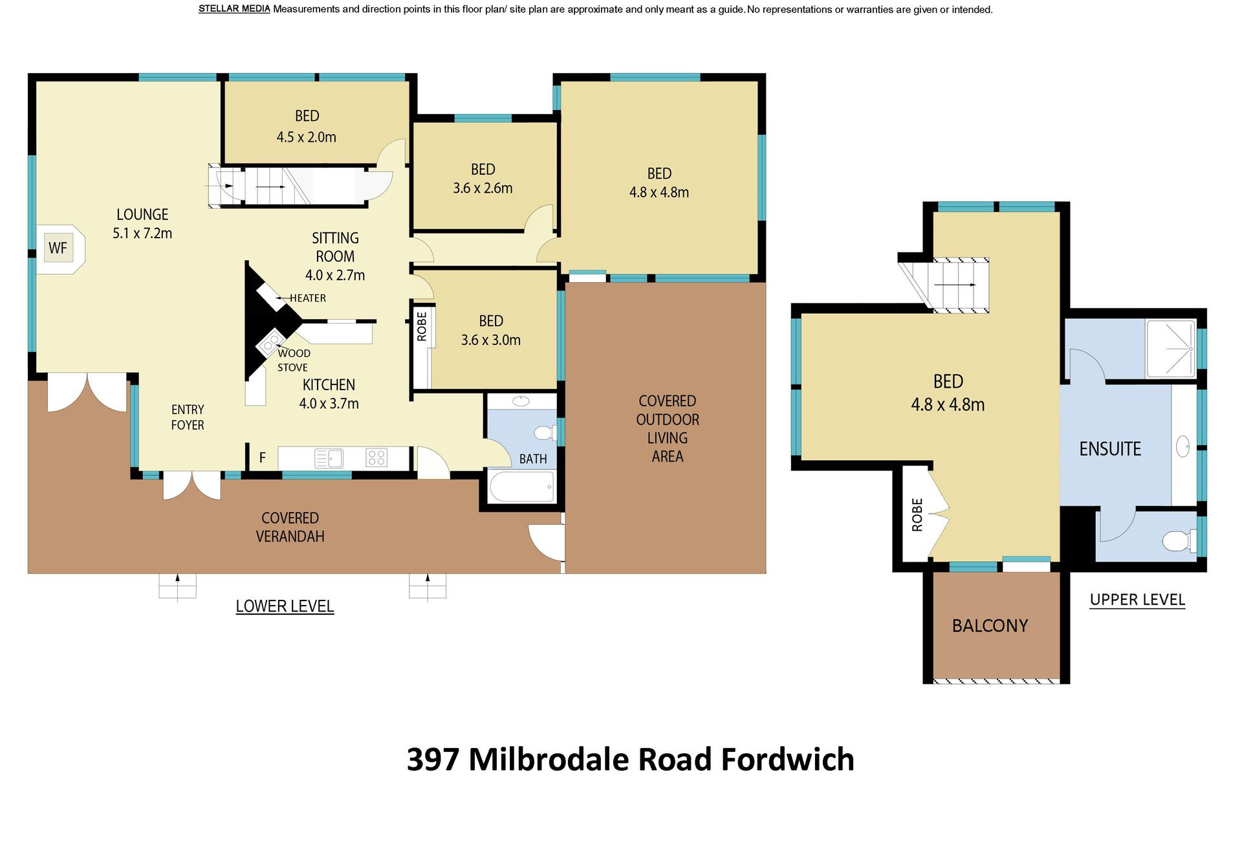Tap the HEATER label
[x=308, y=298]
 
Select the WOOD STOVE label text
[x=294, y=360]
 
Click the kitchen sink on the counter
[x=329, y=458]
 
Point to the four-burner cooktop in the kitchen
[x=376, y=458]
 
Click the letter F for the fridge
[x=263, y=458]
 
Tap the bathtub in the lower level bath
[x=522, y=487]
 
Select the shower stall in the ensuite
[x=1171, y=348]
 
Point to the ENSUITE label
[x=1110, y=449]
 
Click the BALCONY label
[x=990, y=626]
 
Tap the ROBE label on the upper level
[x=917, y=515]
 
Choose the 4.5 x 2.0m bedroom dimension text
[x=307, y=137]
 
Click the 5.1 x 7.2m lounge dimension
[x=142, y=234]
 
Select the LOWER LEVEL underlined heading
[x=285, y=606]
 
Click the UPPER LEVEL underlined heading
[x=1137, y=600]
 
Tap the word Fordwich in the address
[x=788, y=760]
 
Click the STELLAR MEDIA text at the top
[x=234, y=9]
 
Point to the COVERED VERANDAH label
[x=290, y=527]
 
